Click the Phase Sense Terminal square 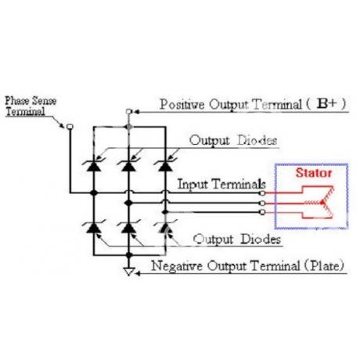point(70,127)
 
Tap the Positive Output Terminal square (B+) point(128,112)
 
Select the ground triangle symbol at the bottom point(128,272)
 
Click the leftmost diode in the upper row point(94,166)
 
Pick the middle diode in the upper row point(128,166)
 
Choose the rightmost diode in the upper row point(165,166)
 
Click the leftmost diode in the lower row point(94,228)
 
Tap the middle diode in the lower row point(128,228)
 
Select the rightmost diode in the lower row point(165,228)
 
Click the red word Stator point(314,173)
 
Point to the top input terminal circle point(263,193)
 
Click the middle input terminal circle point(263,203)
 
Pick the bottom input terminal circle point(263,212)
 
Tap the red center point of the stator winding point(322,203)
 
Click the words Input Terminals point(221,185)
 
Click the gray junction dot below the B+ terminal point(128,127)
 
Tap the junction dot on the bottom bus point(128,255)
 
